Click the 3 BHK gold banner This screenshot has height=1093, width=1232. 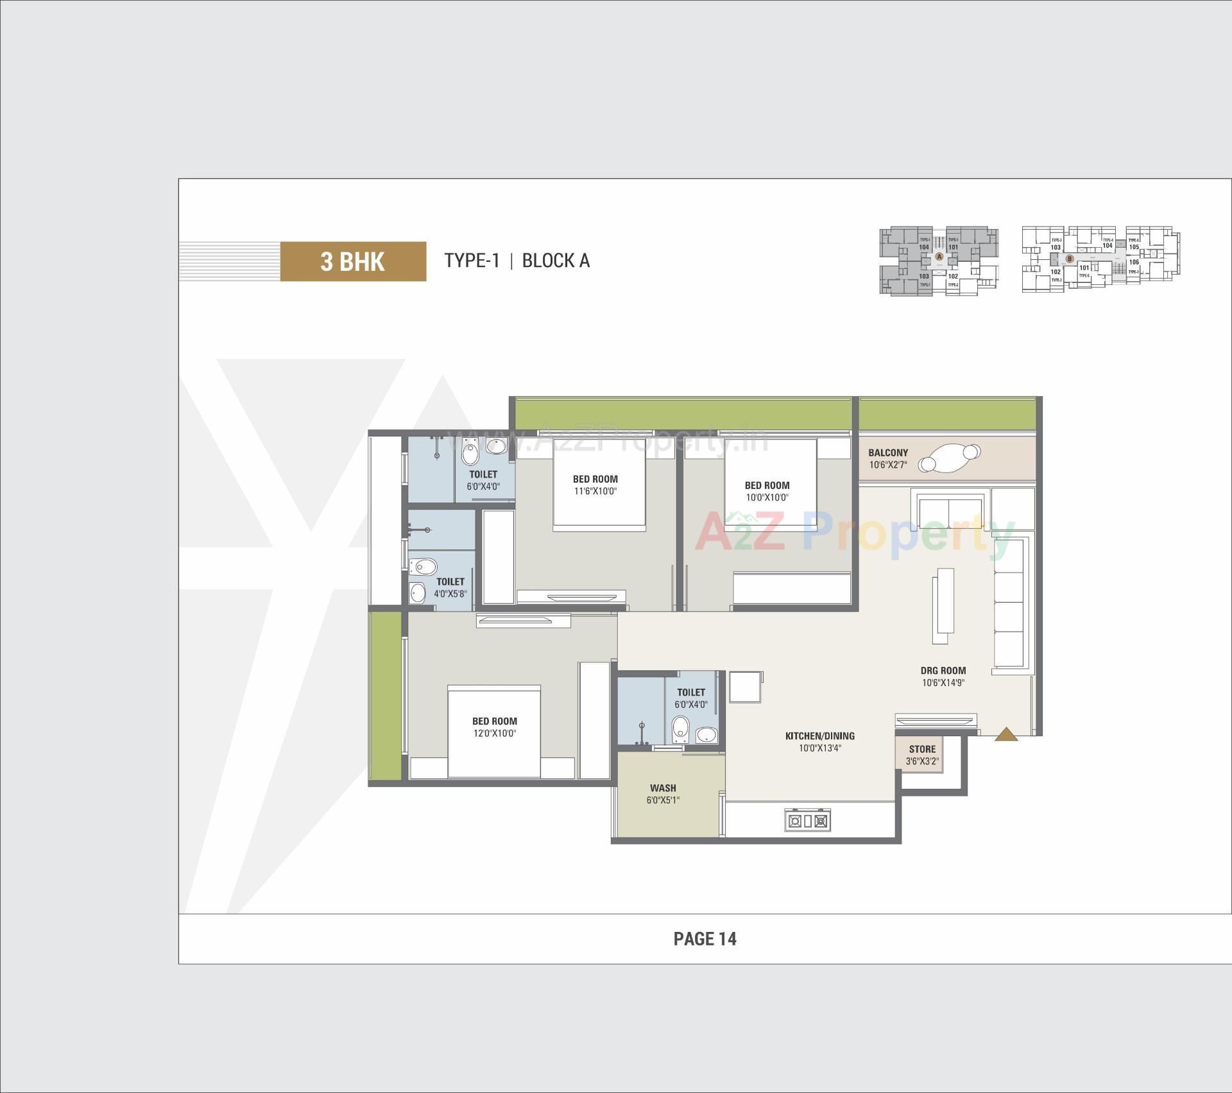click(353, 261)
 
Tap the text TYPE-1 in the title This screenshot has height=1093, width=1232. click(472, 261)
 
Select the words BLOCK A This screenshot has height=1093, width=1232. click(556, 261)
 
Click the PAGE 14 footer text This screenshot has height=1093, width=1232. click(705, 939)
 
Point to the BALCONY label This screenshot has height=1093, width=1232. click(888, 452)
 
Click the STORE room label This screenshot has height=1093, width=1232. click(922, 749)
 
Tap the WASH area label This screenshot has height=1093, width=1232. click(663, 788)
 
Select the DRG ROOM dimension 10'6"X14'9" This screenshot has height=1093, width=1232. click(943, 683)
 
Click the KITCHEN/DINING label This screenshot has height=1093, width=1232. click(819, 736)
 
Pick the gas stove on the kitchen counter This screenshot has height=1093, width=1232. click(807, 821)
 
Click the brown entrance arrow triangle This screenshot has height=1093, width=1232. click(1005, 734)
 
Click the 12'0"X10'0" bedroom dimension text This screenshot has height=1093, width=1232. click(494, 734)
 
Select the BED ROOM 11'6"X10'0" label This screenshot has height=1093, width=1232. click(595, 485)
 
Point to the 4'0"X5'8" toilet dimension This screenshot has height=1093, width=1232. click(450, 594)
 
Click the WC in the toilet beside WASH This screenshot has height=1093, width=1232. click(680, 729)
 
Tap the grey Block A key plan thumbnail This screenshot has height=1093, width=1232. click(938, 261)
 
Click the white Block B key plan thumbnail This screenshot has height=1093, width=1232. click(1100, 259)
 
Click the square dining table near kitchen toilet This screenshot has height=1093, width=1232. click(744, 687)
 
